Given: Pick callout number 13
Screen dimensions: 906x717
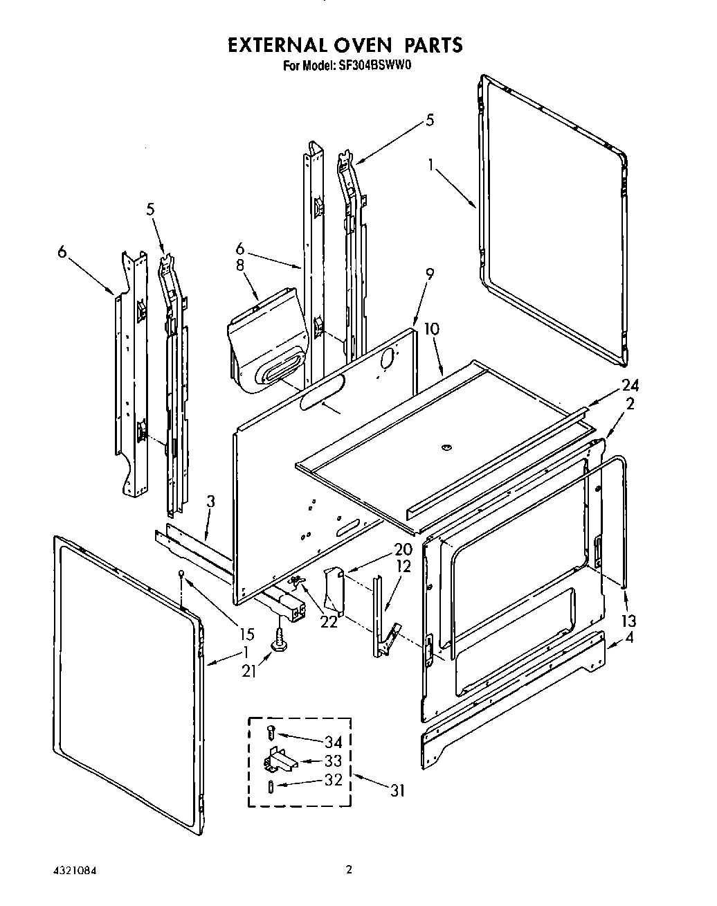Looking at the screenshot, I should click(628, 620).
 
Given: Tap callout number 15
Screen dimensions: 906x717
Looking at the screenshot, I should click(246, 634).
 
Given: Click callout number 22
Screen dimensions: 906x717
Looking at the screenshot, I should click(328, 621).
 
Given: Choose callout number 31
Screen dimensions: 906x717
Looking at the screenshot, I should click(397, 790).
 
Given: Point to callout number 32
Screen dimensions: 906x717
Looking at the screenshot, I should click(333, 780).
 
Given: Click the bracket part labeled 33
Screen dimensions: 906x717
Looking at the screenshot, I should click(278, 761).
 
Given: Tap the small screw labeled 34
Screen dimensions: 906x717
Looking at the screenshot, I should click(271, 731).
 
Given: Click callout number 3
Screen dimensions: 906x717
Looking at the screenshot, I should click(211, 501).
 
